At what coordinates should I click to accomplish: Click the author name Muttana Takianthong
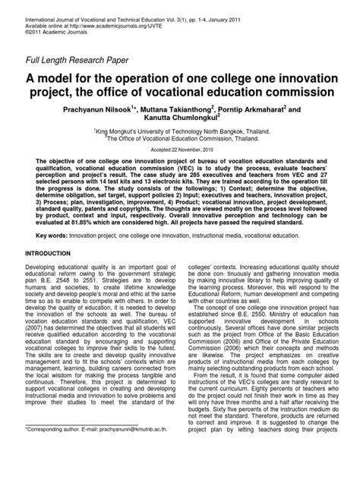tap(184, 107)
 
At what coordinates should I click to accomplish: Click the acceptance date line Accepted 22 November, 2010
tap(180, 149)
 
